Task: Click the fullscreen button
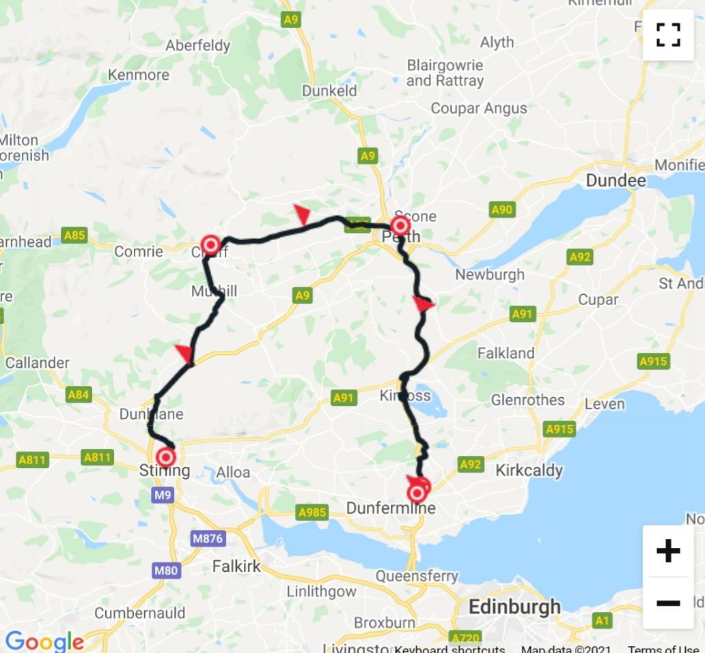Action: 668,34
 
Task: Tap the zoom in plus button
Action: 667,551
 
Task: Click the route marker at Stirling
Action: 166,457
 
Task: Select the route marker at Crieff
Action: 211,244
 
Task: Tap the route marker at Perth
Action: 400,226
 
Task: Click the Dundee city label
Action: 616,181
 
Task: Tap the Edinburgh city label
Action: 515,607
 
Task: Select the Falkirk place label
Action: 236,566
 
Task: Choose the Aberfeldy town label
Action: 198,46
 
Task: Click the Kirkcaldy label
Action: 529,470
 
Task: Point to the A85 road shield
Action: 74,235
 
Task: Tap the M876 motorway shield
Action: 208,538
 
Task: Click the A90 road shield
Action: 501,210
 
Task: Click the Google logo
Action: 44,641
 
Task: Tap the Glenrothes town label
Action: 528,400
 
